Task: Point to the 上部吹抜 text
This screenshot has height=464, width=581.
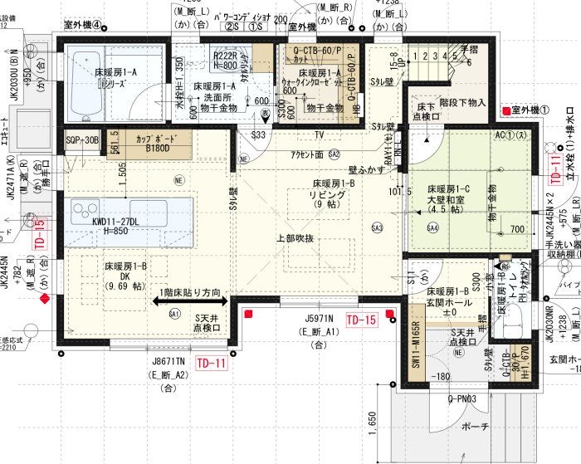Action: coord(295,239)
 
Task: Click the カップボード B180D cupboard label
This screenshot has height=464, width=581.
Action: coord(157,143)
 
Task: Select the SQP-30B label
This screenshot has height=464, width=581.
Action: coord(82,140)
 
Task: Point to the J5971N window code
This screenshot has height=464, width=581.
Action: coord(318,318)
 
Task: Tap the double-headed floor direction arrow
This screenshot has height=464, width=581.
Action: coord(185,302)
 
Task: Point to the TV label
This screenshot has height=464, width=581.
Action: coord(319,134)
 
